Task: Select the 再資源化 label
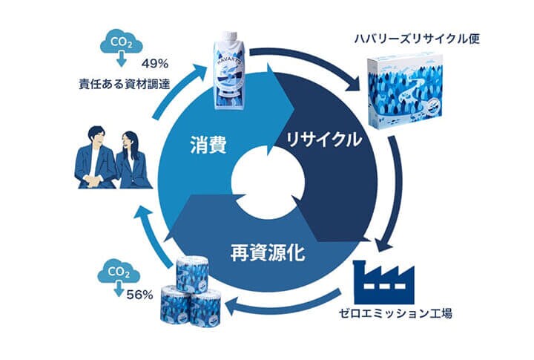click(x=265, y=249)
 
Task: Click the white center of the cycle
click(x=267, y=180)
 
